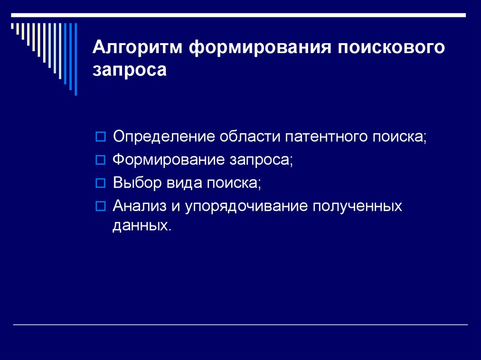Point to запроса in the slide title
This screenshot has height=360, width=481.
(x=129, y=70)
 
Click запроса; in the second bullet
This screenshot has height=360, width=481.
(x=261, y=160)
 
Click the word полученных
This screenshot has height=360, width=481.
(x=357, y=206)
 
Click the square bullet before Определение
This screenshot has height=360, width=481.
(x=99, y=137)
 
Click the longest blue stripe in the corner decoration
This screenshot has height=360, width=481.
(x=75, y=58)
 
